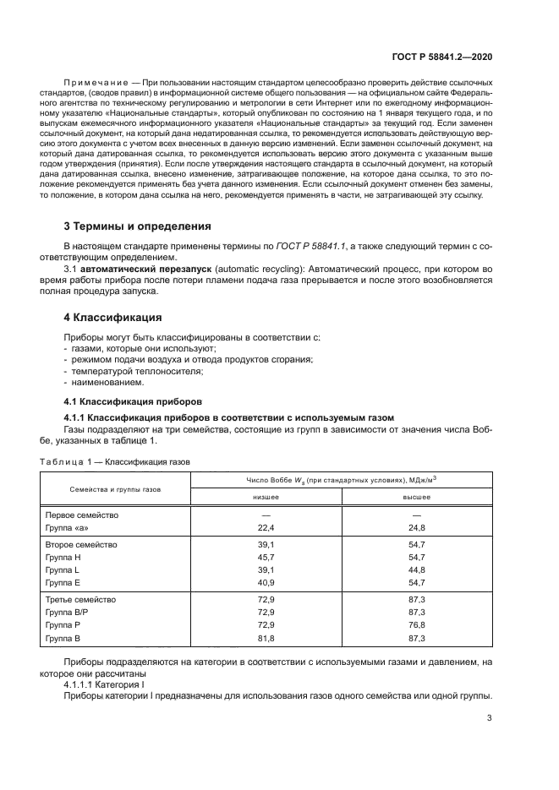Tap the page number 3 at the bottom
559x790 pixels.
490,718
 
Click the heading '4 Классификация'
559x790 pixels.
113,318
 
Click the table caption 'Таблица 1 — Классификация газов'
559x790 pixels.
115,462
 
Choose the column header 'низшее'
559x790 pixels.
266,497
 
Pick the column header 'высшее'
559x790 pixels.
415,497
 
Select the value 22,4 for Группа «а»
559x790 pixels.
266,527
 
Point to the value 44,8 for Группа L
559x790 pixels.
415,570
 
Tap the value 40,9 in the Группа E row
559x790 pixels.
266,582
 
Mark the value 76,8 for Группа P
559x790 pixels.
415,624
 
